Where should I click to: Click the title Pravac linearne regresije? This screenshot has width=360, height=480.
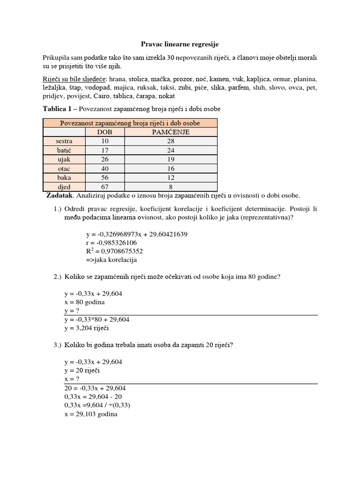(180, 44)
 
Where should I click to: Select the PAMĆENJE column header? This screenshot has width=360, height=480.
(171, 132)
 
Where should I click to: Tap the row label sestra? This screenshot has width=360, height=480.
(64, 141)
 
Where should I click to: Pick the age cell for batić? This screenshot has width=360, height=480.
(105, 150)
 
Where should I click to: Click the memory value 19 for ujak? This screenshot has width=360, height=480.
(171, 159)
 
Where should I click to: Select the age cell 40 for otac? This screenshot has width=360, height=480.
(105, 169)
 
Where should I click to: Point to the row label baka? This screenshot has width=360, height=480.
(64, 178)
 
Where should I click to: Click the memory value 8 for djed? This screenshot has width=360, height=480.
(171, 187)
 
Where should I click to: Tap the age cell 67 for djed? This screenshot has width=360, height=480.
(105, 187)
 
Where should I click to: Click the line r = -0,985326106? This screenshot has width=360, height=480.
(111, 242)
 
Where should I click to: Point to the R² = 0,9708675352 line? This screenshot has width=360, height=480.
(114, 251)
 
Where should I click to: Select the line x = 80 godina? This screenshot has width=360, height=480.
(84, 302)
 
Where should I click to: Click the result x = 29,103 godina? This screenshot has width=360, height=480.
(91, 415)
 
